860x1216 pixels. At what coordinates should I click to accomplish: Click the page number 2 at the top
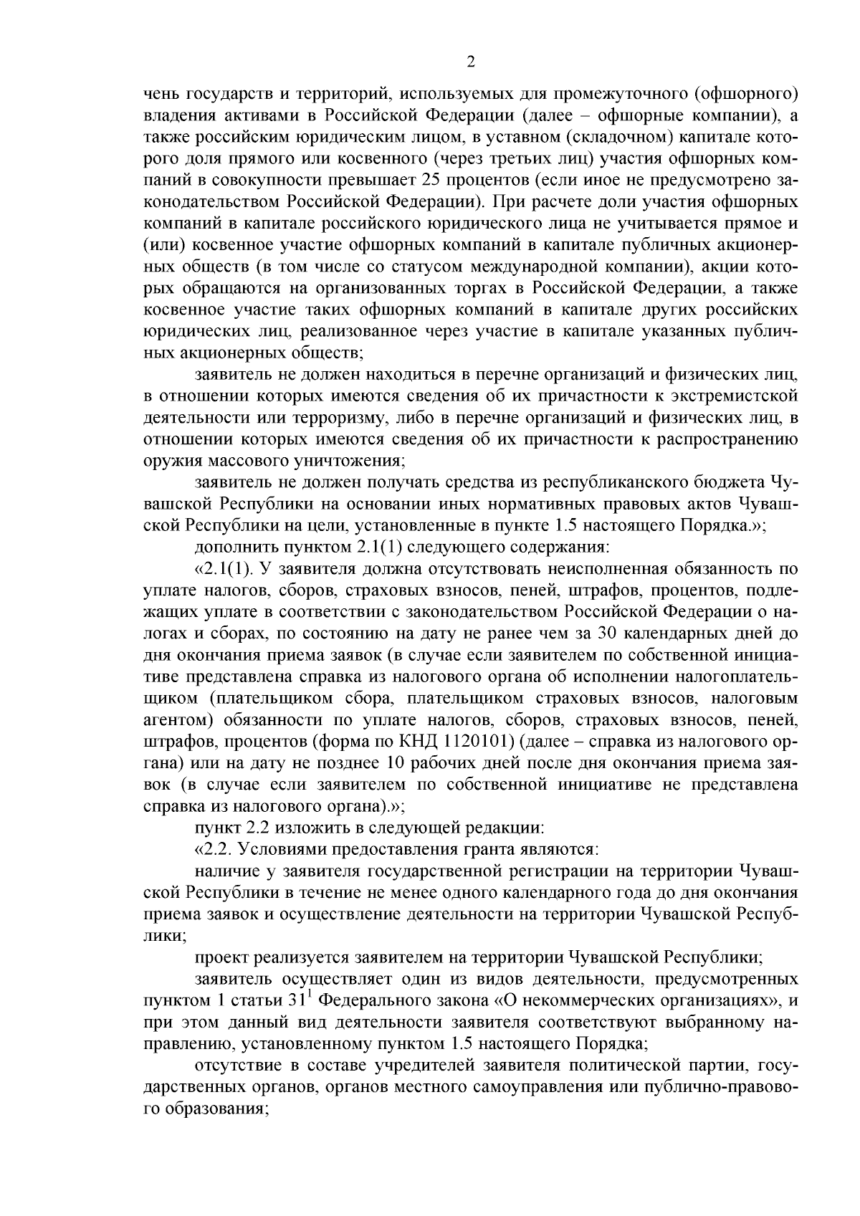click(x=471, y=63)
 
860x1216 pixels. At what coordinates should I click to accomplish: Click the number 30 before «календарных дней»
click(x=604, y=634)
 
